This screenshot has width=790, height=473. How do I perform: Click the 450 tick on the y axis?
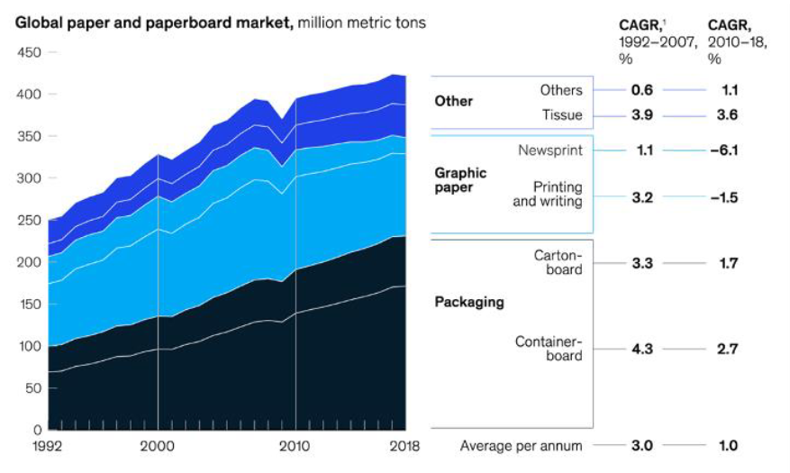[30, 52]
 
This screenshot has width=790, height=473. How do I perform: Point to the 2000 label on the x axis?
[158, 445]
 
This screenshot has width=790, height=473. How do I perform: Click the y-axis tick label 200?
[30, 262]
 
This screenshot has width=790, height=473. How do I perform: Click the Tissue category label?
[562, 115]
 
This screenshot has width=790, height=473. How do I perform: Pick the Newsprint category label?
[549, 150]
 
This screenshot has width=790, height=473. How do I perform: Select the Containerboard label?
[549, 349]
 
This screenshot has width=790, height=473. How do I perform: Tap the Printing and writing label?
[548, 194]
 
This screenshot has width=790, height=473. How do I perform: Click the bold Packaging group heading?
[469, 302]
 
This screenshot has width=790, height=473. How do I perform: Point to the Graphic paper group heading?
[461, 179]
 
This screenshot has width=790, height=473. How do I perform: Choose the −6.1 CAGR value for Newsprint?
[722, 150]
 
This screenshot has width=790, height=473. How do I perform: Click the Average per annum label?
[521, 445]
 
